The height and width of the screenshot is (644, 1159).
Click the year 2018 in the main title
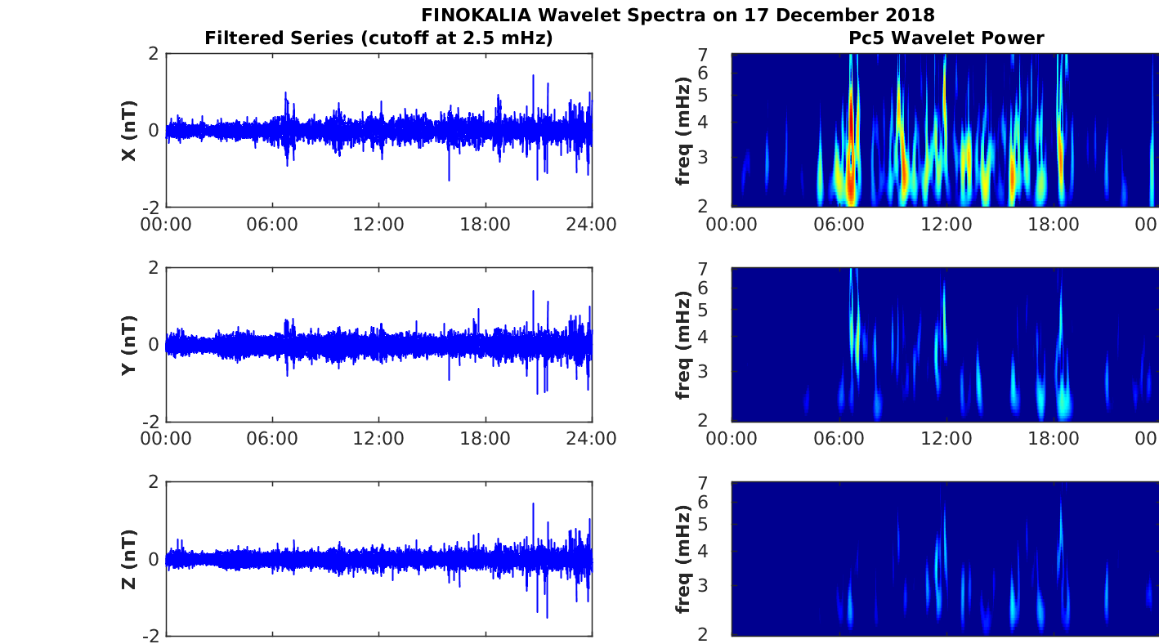coord(910,15)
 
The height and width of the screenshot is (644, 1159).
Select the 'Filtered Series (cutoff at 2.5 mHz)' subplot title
coord(378,38)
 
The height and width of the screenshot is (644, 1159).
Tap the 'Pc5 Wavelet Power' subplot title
coord(946,38)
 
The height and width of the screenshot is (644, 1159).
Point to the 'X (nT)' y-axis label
coord(128,131)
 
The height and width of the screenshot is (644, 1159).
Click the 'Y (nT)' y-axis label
coord(128,345)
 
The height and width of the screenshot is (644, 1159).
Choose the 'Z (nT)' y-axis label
coord(128,559)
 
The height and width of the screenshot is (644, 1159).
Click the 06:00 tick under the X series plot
coord(272,224)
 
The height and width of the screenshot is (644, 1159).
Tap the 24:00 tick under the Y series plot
coord(592,438)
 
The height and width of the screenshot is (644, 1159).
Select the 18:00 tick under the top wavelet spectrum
coord(1054,224)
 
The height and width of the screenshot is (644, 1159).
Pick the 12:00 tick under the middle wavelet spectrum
coord(946,438)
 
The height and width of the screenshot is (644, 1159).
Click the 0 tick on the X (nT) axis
coord(153,131)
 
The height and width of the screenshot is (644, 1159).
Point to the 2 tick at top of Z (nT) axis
coord(153,482)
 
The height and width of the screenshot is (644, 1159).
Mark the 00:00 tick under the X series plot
coord(166,224)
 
